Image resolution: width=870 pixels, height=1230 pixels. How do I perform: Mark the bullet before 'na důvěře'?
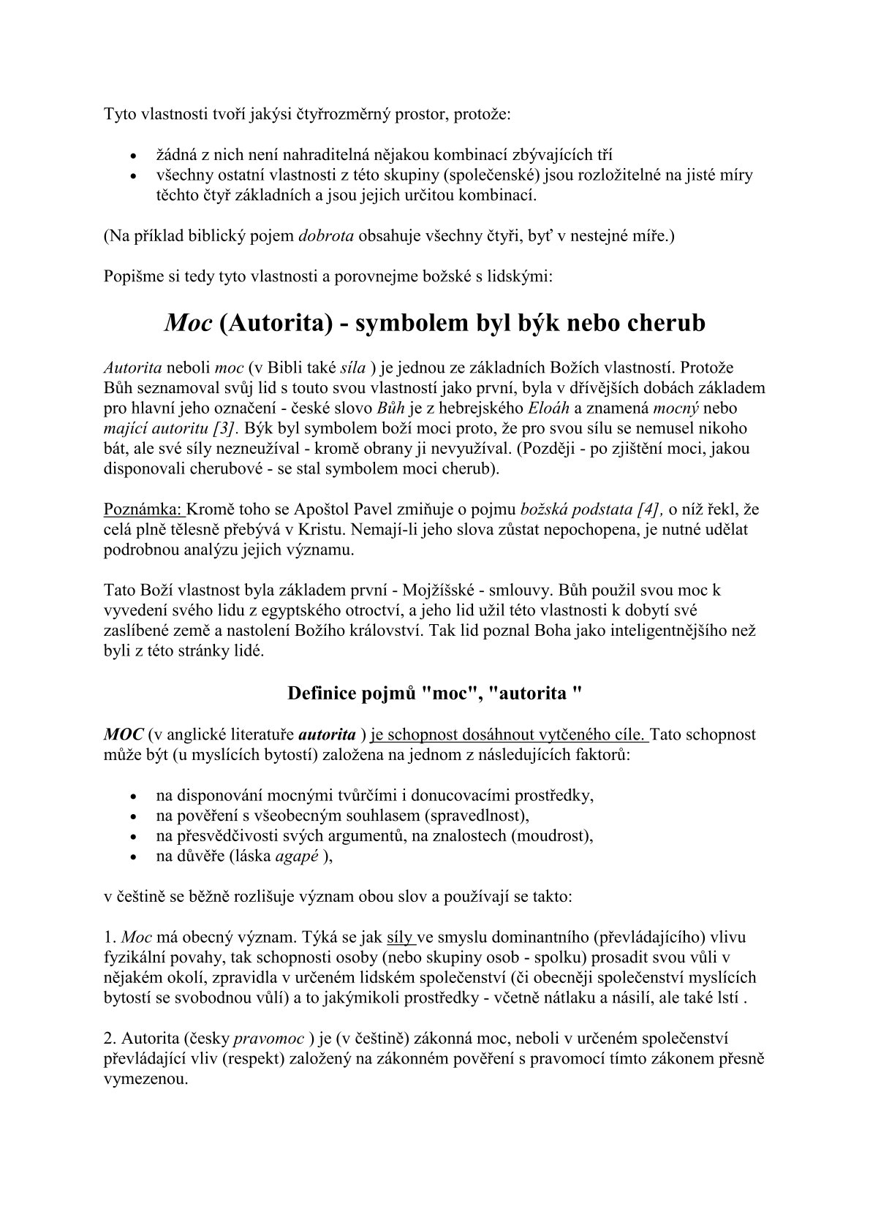click(x=132, y=857)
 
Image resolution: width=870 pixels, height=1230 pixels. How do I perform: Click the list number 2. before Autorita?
click(x=110, y=1039)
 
